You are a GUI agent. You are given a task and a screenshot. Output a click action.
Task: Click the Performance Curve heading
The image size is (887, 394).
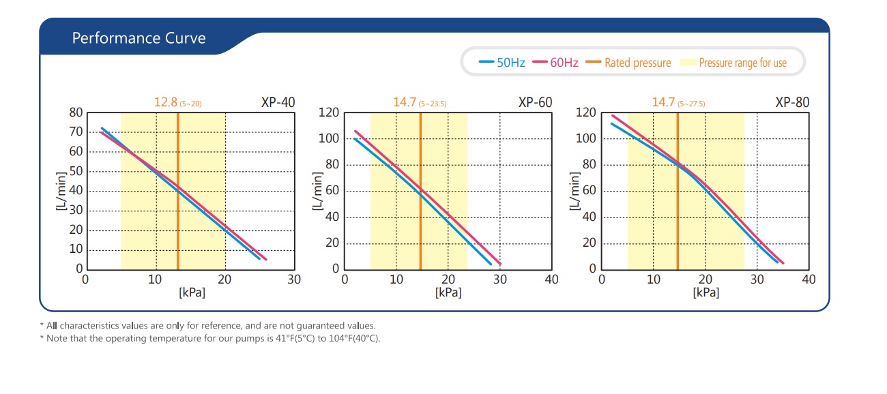[x=139, y=38]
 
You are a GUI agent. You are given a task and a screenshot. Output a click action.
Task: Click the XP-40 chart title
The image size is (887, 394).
[x=278, y=102]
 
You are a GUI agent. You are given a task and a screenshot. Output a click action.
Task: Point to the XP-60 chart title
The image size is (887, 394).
[x=535, y=102]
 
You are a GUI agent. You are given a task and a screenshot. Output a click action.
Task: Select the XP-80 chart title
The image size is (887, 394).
[x=792, y=102]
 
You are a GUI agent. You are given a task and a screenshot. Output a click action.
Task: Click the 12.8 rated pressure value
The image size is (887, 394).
[x=165, y=102]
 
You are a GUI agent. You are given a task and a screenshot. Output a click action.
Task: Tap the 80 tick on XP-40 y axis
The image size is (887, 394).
[x=76, y=112]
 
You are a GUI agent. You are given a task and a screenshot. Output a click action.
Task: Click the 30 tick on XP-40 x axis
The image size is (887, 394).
[x=294, y=279]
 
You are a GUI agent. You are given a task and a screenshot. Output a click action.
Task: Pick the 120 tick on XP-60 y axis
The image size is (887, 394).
[x=330, y=112]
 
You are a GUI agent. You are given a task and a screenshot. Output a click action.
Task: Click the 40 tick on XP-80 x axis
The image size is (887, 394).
[x=809, y=279]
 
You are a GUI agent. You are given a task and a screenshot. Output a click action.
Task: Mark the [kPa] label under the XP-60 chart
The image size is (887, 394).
[x=448, y=292]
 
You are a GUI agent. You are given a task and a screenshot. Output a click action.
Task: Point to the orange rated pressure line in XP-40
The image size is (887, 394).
[x=177, y=204]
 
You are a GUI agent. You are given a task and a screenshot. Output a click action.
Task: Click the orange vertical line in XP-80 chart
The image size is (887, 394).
[x=678, y=204]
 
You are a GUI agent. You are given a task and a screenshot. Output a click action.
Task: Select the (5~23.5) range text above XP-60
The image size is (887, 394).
[x=433, y=104]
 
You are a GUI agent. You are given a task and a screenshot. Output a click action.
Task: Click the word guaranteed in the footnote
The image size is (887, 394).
[x=325, y=326]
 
